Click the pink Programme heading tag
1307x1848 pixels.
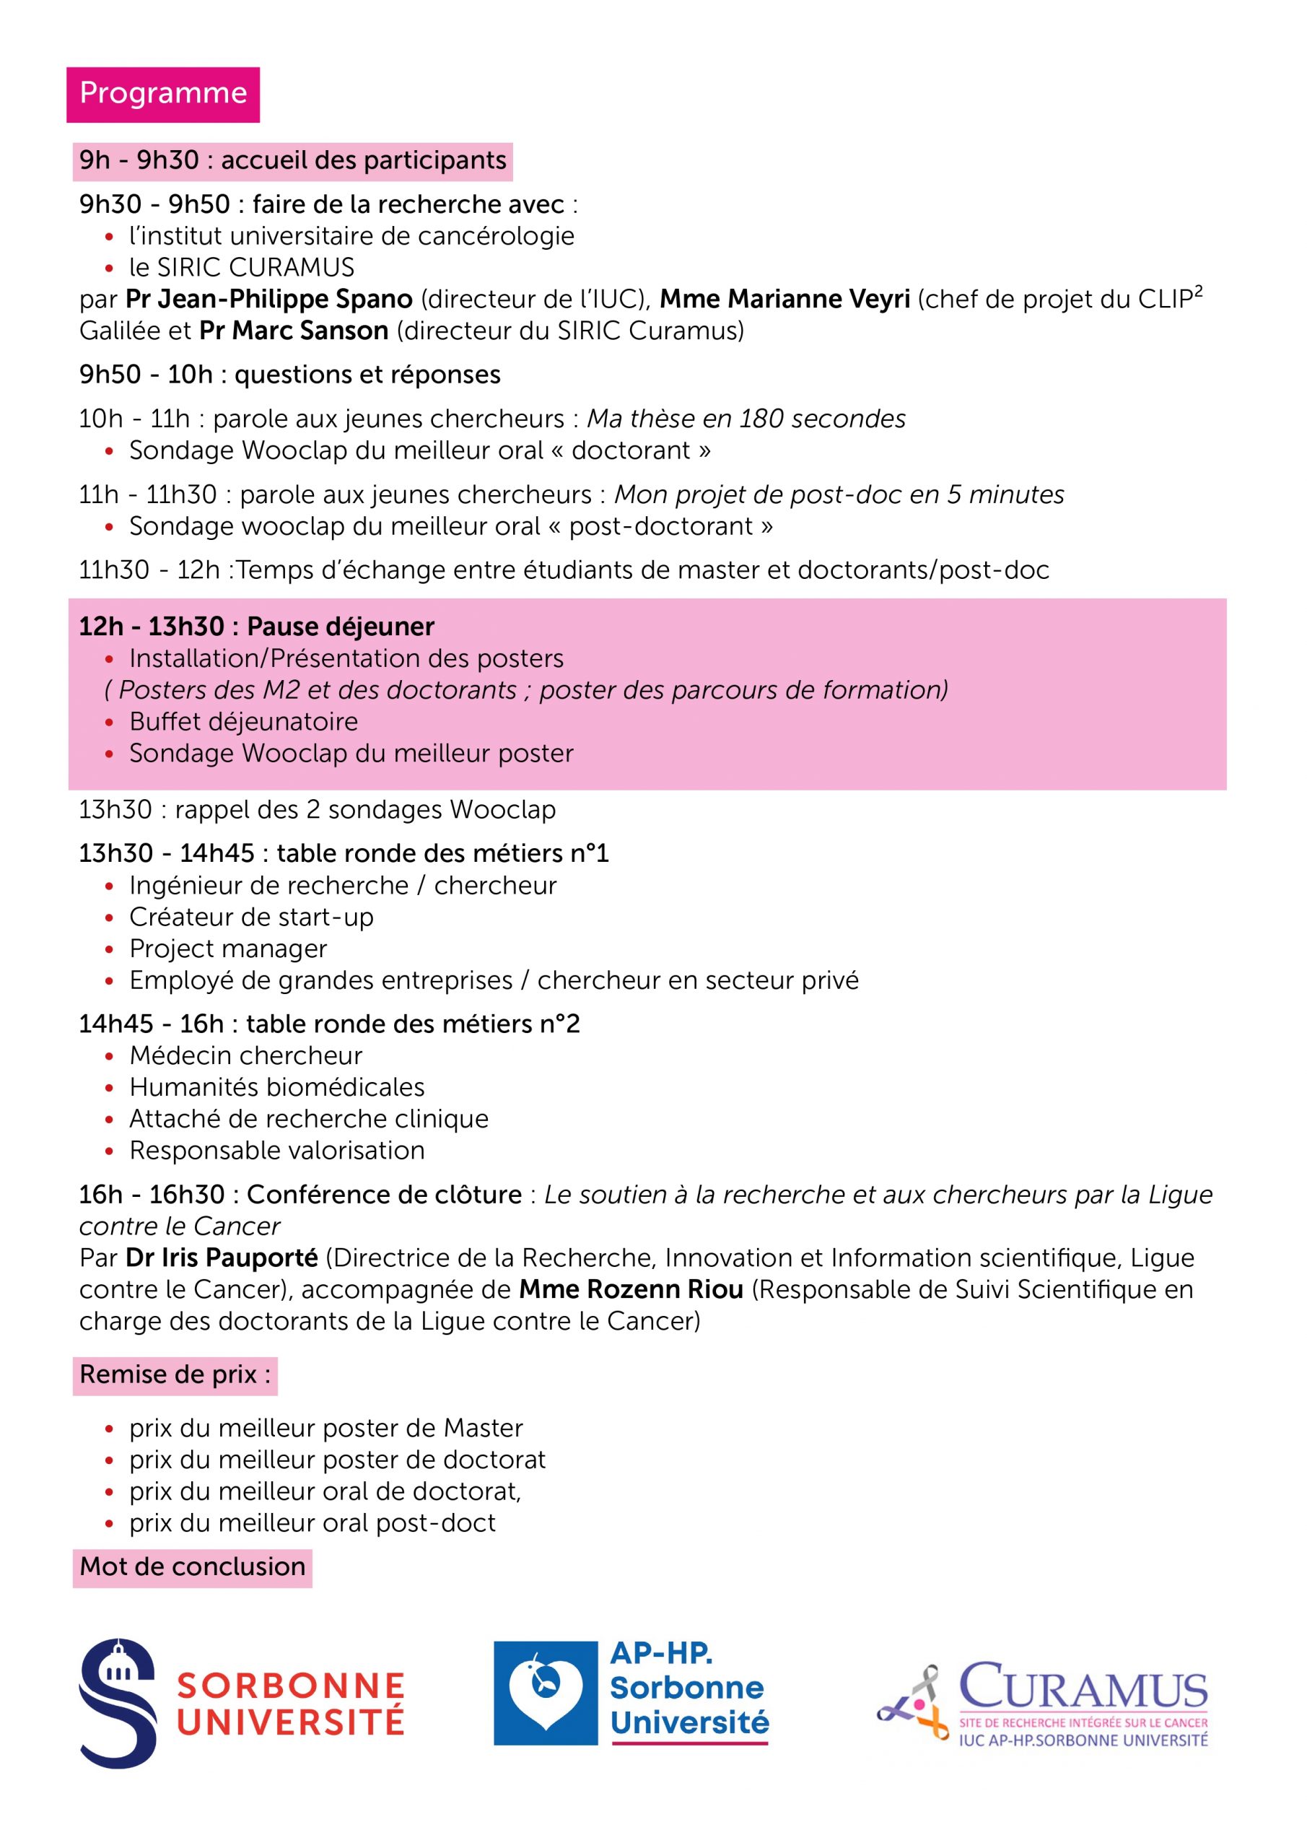pyautogui.click(x=162, y=94)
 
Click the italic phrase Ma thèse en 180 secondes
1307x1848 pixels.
pyautogui.click(x=746, y=419)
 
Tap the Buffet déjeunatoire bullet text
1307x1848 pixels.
pyautogui.click(x=243, y=722)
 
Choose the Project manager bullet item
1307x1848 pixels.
pyautogui.click(x=228, y=949)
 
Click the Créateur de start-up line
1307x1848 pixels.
pyautogui.click(x=251, y=918)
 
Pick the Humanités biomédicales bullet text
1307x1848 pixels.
pyautogui.click(x=277, y=1087)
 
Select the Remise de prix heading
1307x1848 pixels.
pyautogui.click(x=175, y=1374)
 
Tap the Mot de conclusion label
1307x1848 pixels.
pyautogui.click(x=193, y=1567)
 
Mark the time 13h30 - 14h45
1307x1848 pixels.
pyautogui.click(x=166, y=853)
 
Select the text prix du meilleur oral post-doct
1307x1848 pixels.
pyautogui.click(x=312, y=1523)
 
